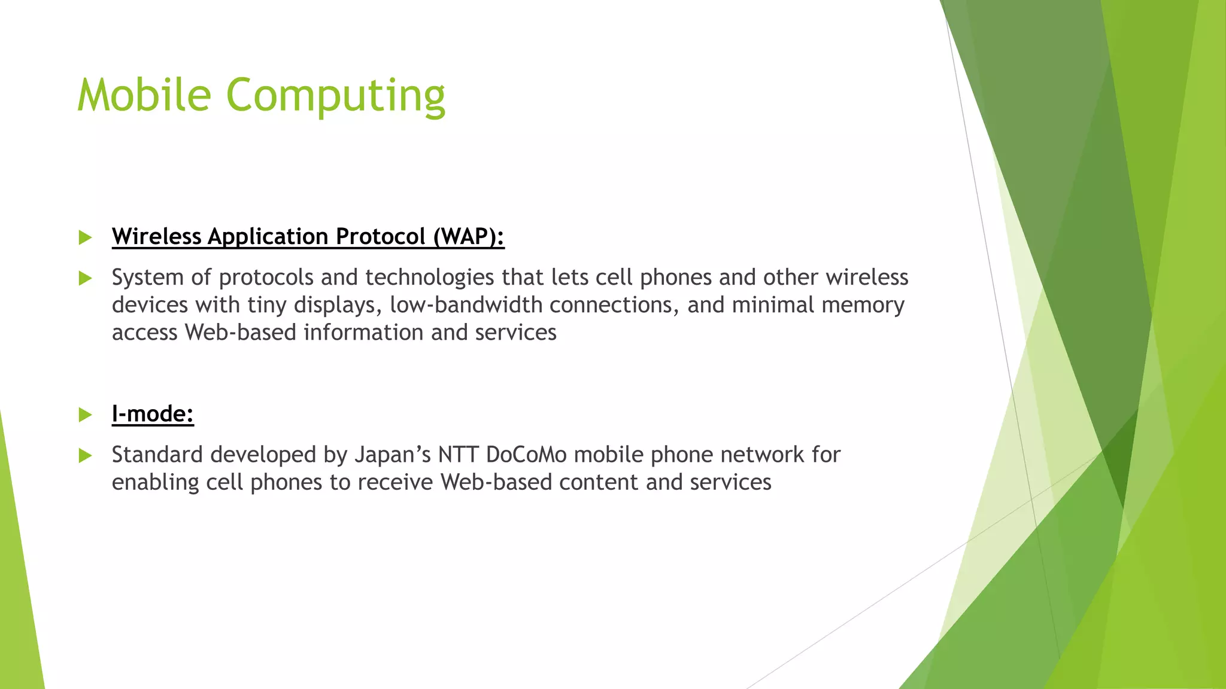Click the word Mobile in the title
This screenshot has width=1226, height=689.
point(144,95)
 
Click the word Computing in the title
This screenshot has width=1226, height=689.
point(335,97)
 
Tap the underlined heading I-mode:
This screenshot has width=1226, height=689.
point(153,414)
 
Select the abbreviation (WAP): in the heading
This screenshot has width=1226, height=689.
point(469,237)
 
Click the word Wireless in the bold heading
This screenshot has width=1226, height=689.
point(156,237)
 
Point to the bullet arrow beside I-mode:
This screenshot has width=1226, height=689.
point(86,414)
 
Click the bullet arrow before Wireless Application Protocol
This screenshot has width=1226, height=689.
point(86,237)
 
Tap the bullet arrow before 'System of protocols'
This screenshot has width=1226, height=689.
point(86,278)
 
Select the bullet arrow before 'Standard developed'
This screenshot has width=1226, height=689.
point(86,456)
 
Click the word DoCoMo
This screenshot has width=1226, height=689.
point(526,455)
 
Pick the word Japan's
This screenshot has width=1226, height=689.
point(393,455)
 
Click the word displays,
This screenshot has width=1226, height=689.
point(338,305)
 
